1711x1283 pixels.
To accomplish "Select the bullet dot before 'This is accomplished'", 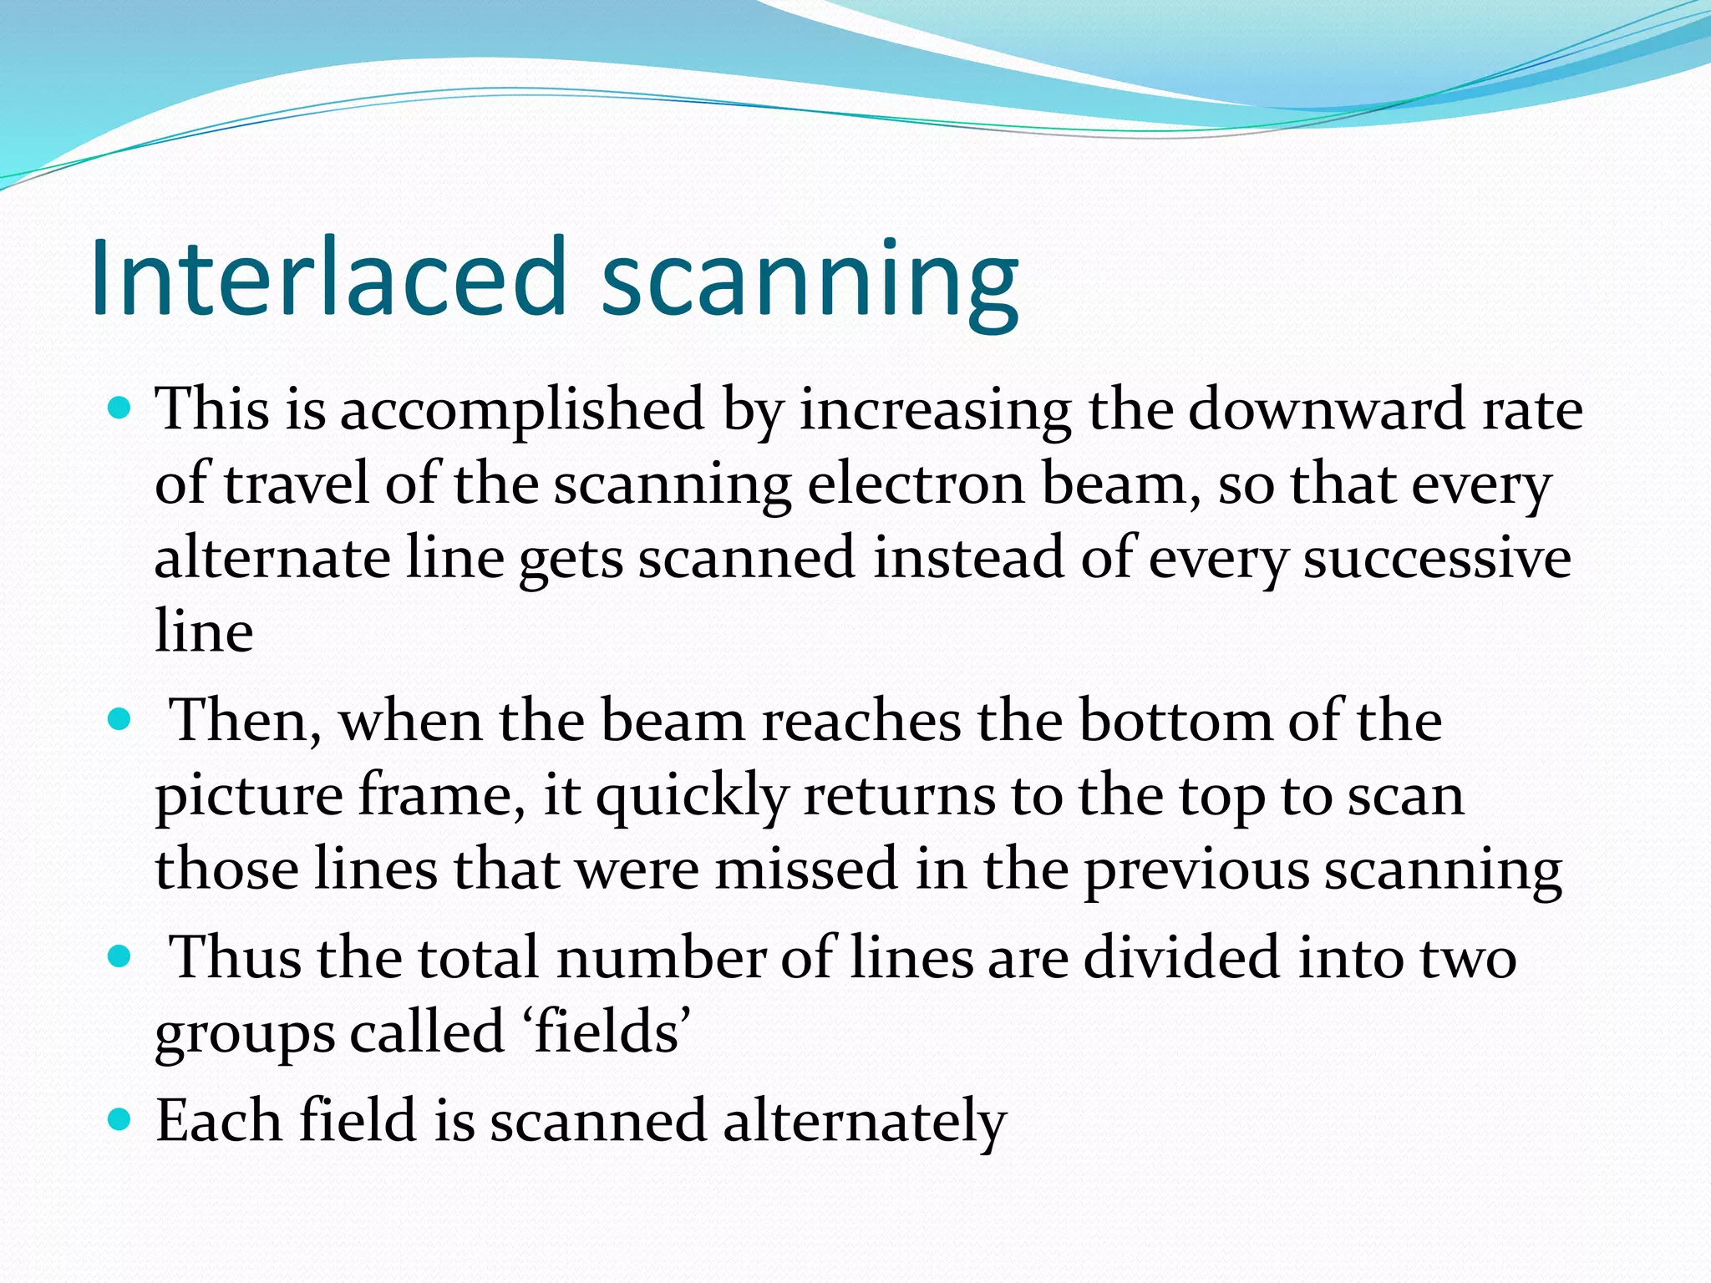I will [121, 409].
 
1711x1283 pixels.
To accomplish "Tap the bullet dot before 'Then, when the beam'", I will [121, 719].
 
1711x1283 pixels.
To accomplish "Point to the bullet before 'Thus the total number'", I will [121, 956].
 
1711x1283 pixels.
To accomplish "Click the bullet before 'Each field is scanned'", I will [121, 1119].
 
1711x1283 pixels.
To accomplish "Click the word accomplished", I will [522, 411].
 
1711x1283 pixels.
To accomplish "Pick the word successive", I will [1437, 558].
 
